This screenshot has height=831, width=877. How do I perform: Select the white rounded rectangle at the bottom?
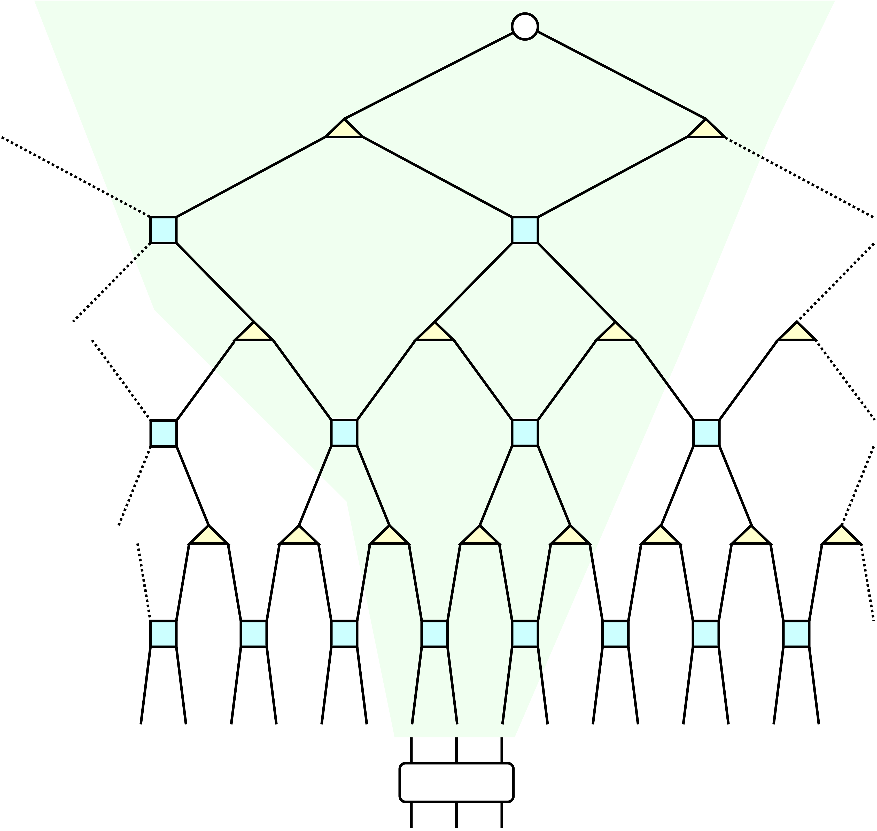[456, 782]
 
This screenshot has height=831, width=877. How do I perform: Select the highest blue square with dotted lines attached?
[163, 230]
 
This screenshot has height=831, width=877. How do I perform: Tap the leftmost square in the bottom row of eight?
[163, 634]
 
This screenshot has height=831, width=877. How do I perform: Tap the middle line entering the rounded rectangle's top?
[456, 750]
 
